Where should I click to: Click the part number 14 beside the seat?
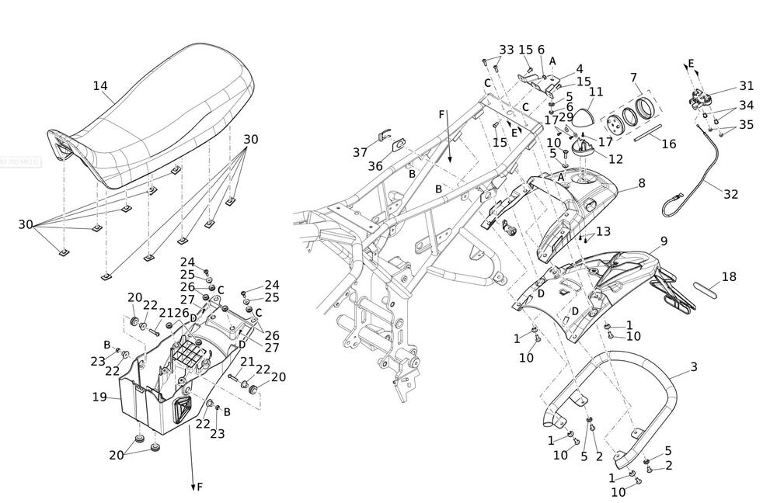[x=100, y=86]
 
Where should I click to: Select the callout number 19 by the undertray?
[x=99, y=397]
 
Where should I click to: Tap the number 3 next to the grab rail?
[x=693, y=367]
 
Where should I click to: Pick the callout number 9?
[x=664, y=241]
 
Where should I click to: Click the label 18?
[x=728, y=276]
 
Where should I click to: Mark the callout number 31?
[x=746, y=86]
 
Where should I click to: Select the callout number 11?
[x=595, y=92]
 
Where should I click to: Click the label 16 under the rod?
[x=668, y=144]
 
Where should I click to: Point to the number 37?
[x=360, y=152]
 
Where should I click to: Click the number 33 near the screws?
[x=507, y=50]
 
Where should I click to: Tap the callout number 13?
[x=603, y=232]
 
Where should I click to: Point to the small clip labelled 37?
[x=382, y=137]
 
